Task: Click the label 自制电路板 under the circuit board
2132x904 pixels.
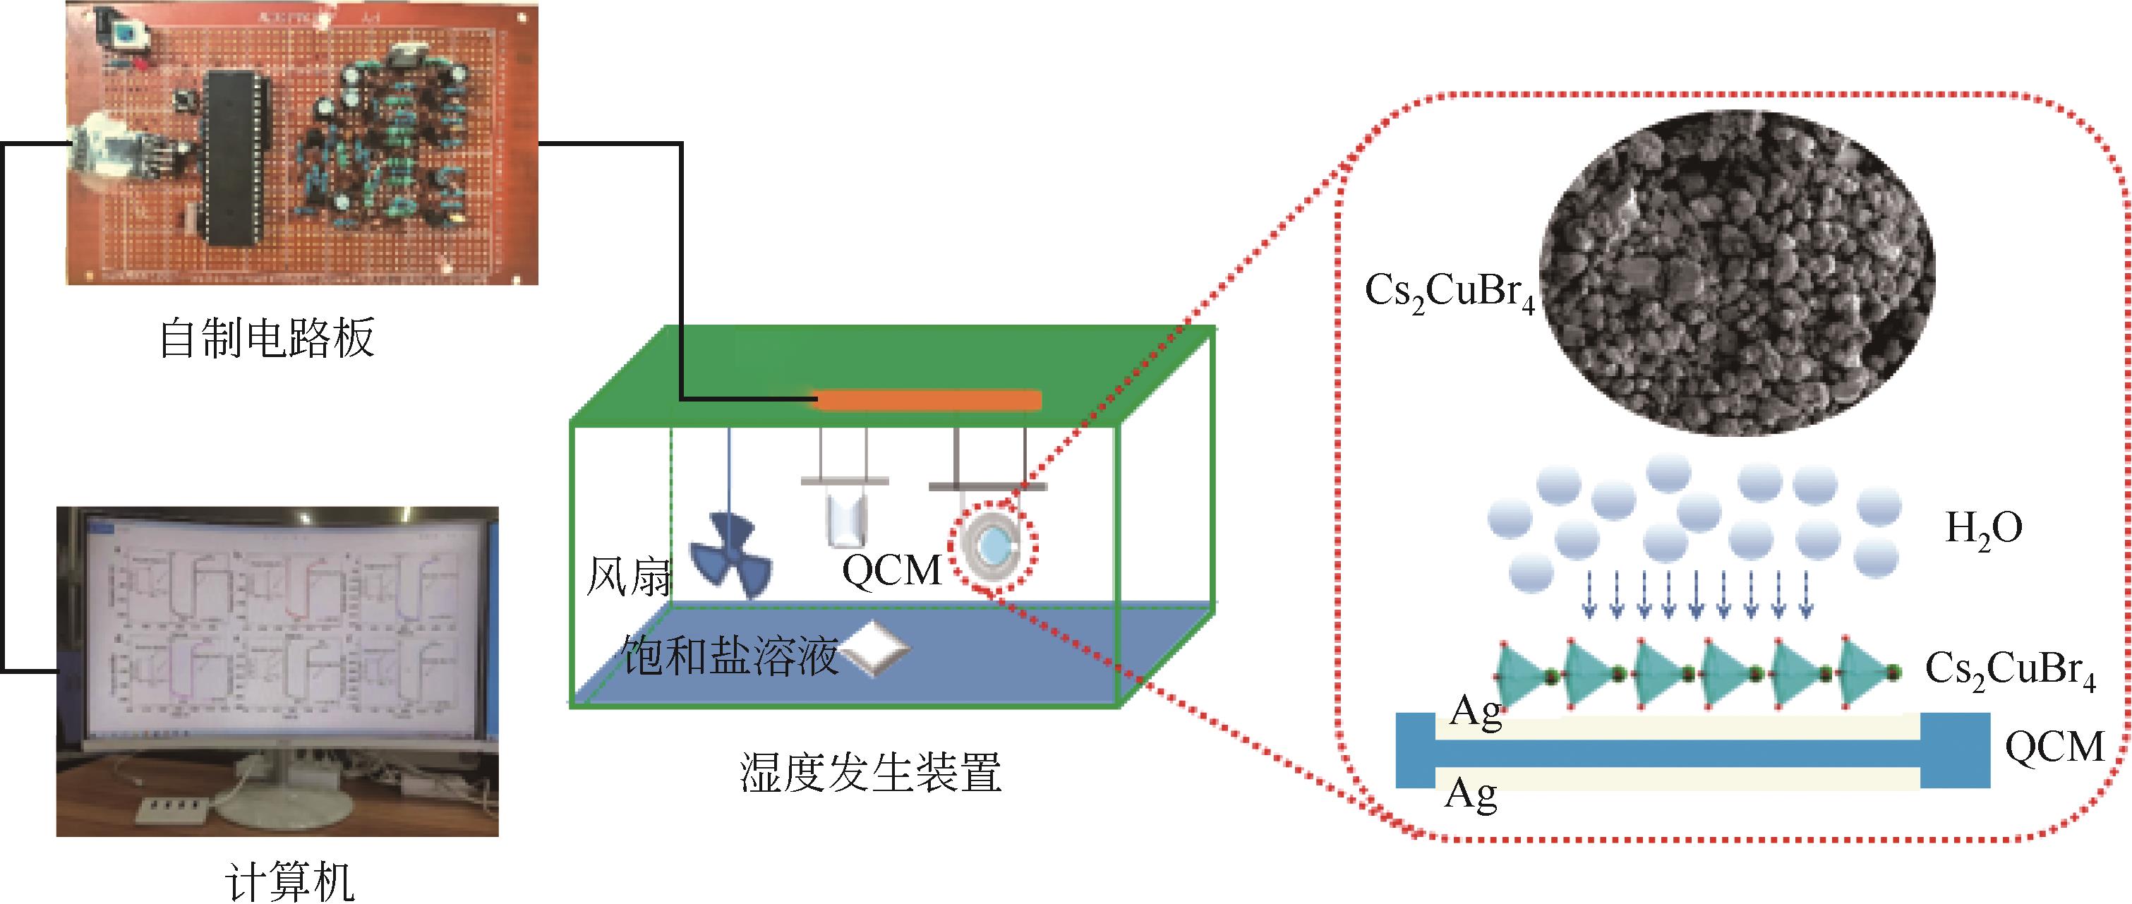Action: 267,338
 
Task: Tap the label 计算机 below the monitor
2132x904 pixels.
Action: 289,882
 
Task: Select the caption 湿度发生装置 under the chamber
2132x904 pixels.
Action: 870,771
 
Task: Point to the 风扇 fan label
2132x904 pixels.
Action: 628,577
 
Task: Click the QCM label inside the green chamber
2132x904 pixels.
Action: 891,570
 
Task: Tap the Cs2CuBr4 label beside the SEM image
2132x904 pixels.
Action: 1449,295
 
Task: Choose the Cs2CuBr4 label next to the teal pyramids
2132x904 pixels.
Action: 2009,670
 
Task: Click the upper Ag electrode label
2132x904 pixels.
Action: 1476,713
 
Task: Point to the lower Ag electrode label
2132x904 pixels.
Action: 1471,795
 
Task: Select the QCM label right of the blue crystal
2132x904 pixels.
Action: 2054,747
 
